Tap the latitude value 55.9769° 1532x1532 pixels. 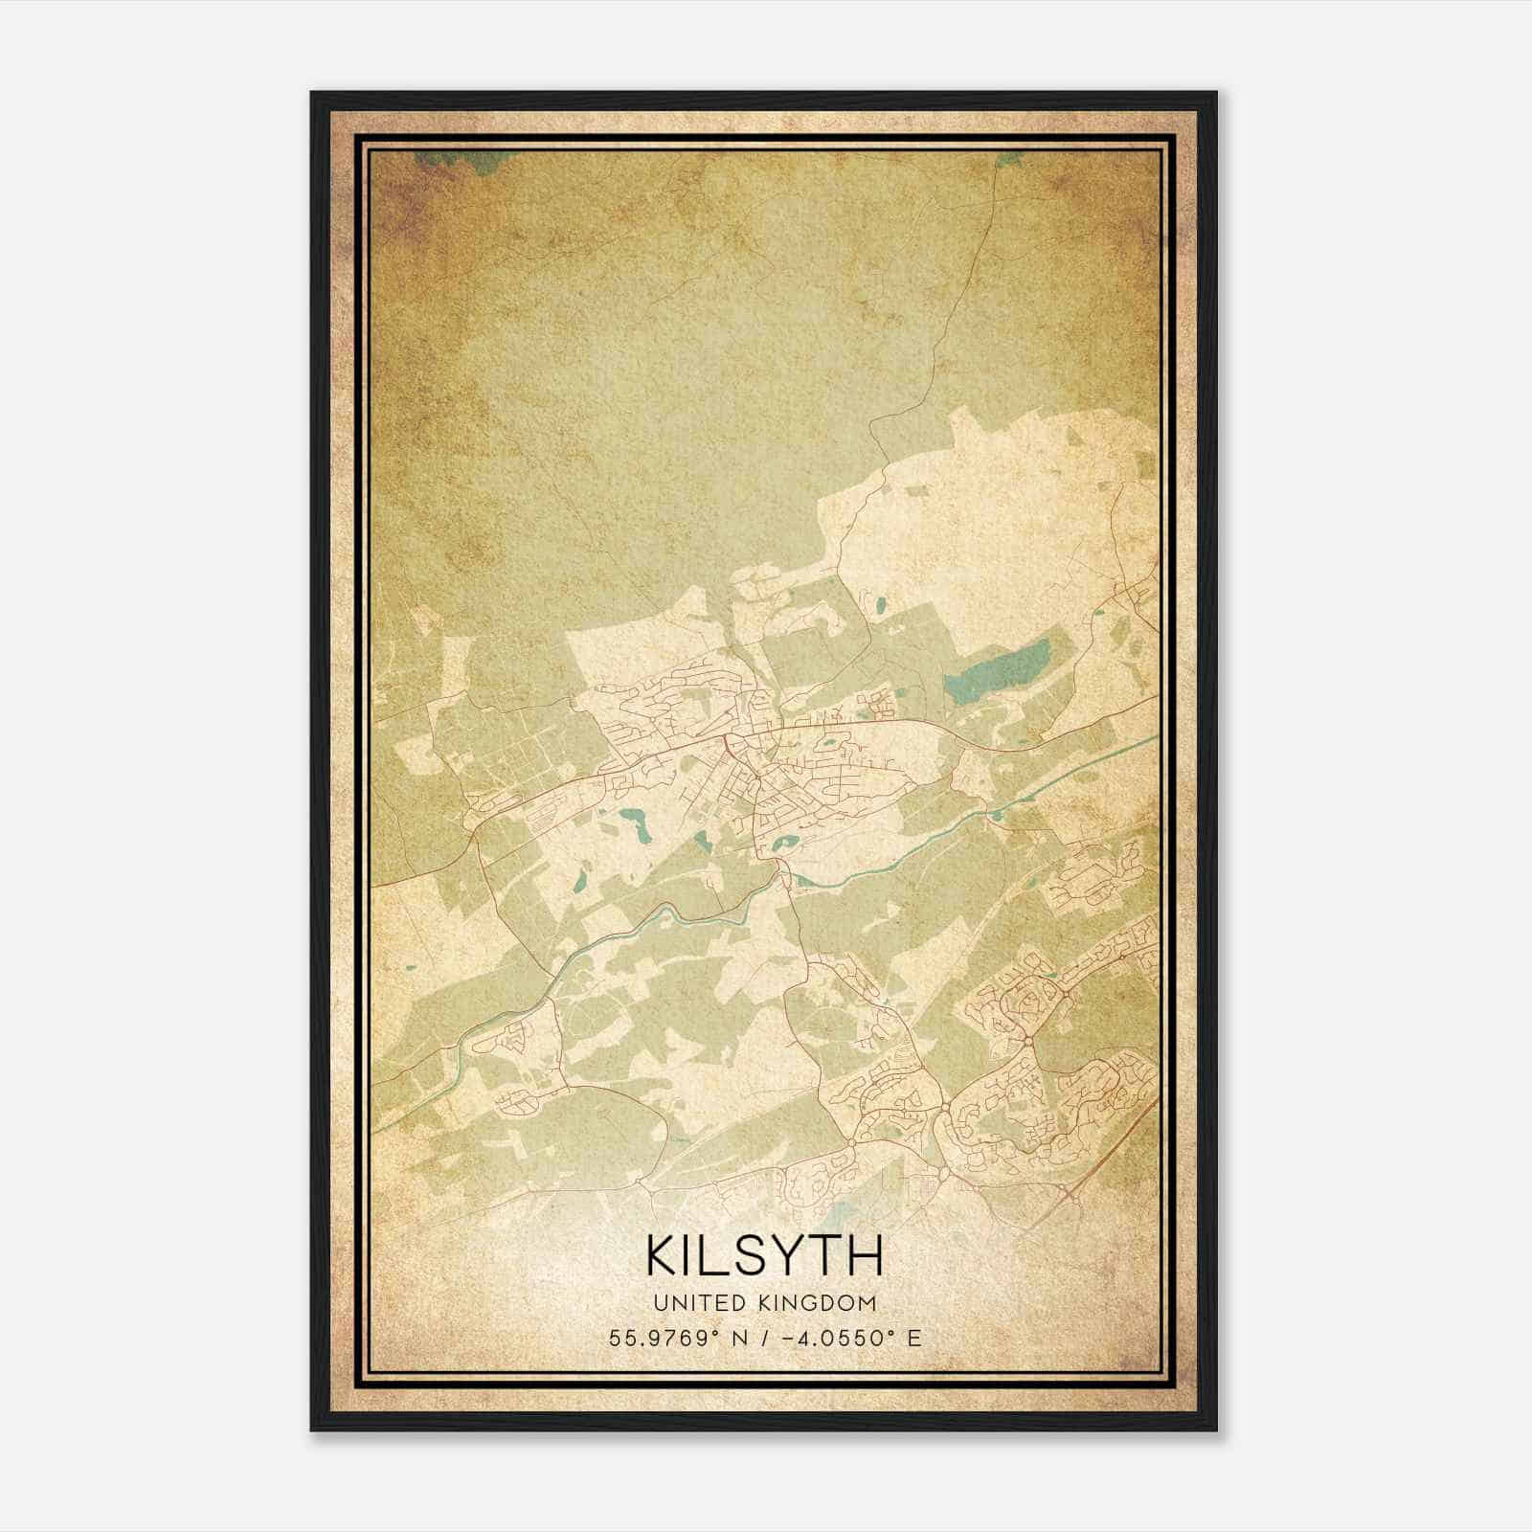[662, 1339]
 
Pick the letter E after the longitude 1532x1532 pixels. [914, 1339]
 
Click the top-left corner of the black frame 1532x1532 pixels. [312, 93]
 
